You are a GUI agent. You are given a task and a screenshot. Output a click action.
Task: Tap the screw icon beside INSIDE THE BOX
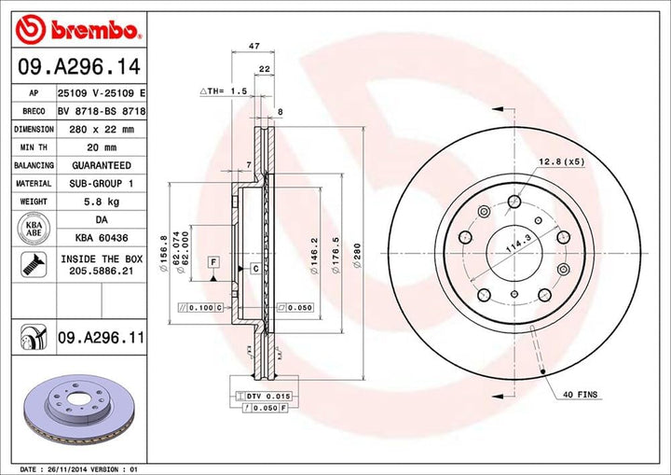click(x=34, y=264)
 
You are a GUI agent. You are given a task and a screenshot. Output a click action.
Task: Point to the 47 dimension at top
click(x=253, y=45)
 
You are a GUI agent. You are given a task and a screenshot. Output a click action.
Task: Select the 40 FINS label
click(x=579, y=395)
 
